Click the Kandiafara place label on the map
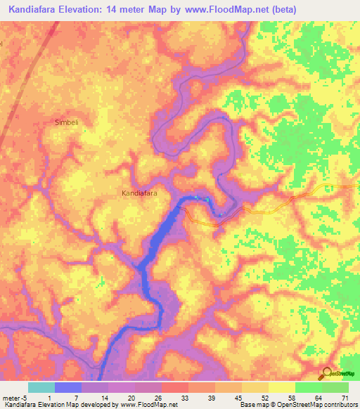point(139,192)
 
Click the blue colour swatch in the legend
point(68,387)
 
